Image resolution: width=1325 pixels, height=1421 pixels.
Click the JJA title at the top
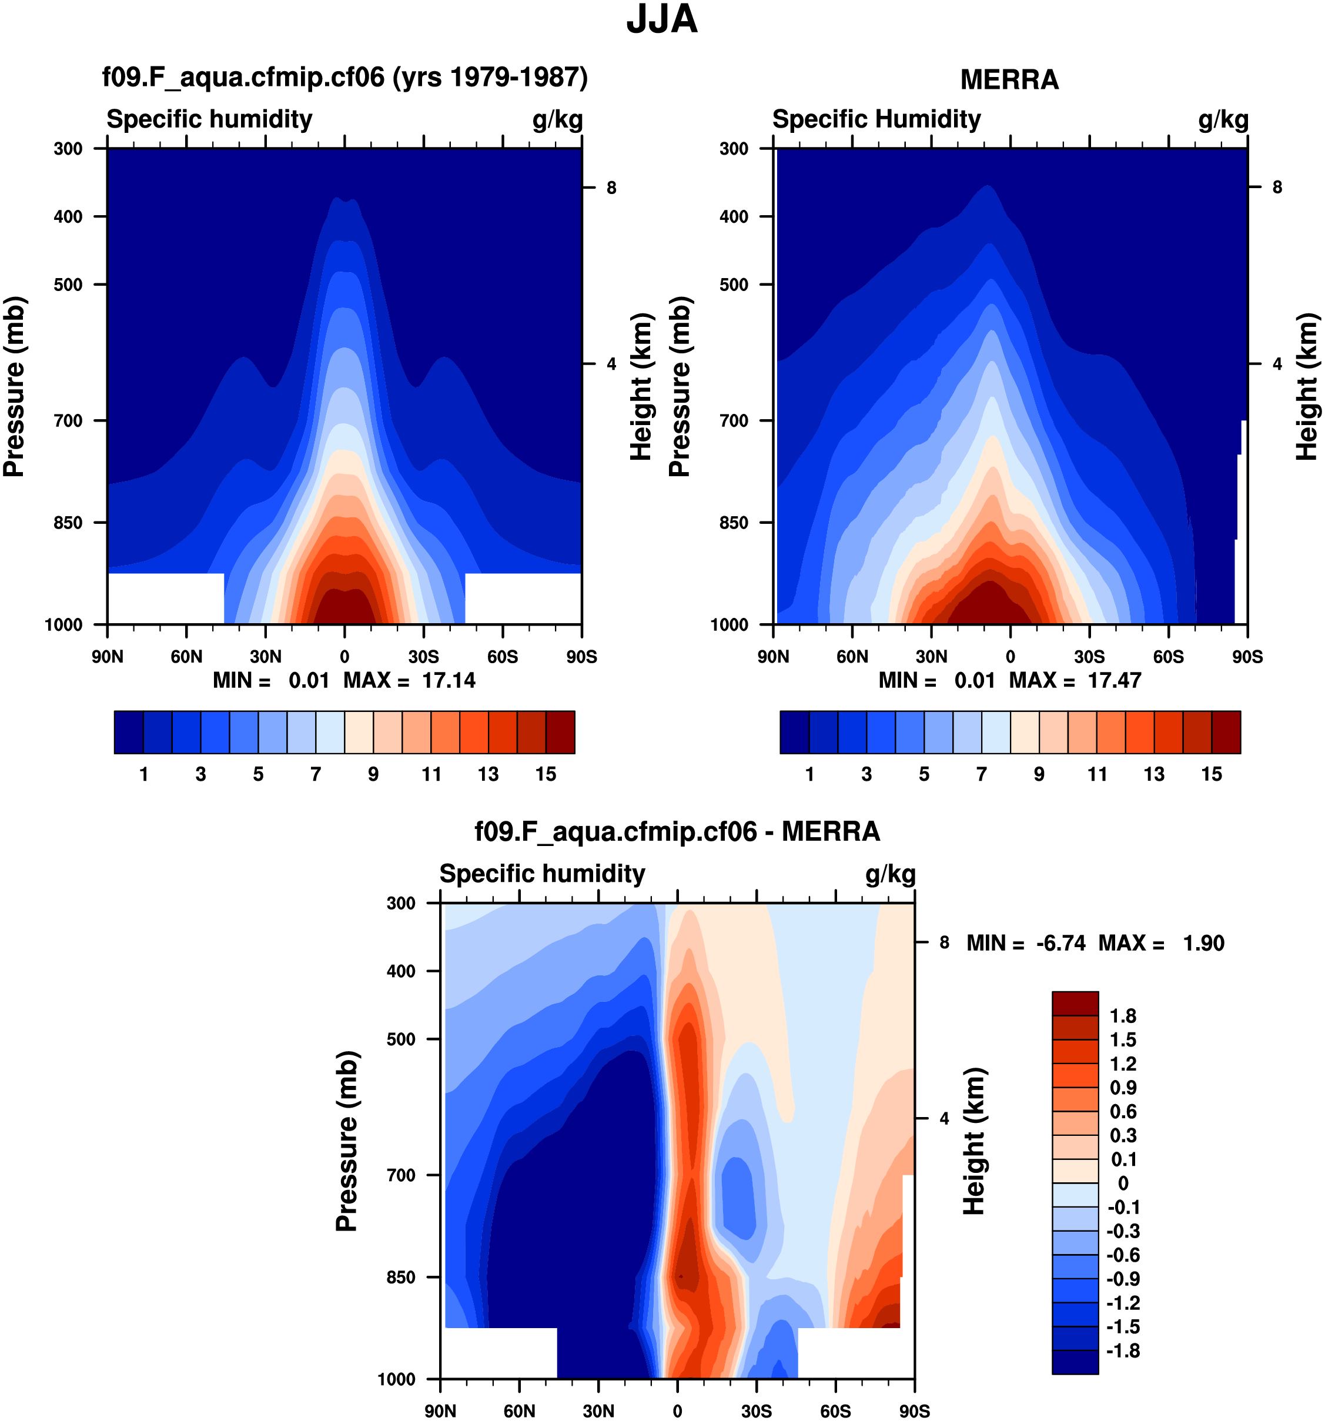click(661, 19)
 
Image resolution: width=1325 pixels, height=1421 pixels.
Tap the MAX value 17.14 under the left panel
click(448, 680)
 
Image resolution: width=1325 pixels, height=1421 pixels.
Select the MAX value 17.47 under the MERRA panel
click(1114, 680)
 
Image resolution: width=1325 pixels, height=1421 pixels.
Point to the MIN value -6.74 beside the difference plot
click(1060, 943)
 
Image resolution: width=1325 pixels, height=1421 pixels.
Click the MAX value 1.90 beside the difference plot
click(1203, 943)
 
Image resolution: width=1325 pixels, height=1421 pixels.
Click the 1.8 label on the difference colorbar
click(1122, 1016)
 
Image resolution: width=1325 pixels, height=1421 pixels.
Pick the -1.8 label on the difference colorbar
click(1122, 1350)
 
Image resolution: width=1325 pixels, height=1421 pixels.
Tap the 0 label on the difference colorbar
click(1123, 1183)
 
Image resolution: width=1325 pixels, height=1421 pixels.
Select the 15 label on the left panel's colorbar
click(546, 774)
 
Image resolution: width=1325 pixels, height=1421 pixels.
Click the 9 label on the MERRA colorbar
click(1038, 774)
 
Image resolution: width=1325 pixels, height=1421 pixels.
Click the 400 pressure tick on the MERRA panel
click(734, 216)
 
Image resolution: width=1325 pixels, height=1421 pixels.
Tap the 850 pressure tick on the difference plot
click(401, 1276)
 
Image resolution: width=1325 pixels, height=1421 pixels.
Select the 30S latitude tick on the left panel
click(423, 656)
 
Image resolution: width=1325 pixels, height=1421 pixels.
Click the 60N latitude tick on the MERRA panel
click(852, 656)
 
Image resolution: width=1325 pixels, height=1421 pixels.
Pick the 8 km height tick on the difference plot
click(944, 942)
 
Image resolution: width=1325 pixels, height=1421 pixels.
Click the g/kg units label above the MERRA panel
click(1223, 119)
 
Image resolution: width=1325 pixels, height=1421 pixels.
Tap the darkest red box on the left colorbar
click(560, 732)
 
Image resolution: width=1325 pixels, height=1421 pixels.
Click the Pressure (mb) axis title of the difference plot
click(347, 1141)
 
